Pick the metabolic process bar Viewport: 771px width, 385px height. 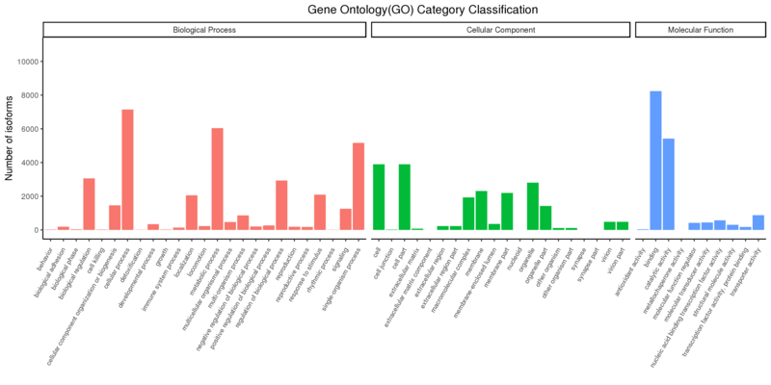pos(217,179)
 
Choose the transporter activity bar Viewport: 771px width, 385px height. pos(758,222)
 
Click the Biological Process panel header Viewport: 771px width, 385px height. pos(204,30)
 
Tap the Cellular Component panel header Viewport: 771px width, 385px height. pos(500,30)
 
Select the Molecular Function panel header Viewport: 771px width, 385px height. pos(699,30)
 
